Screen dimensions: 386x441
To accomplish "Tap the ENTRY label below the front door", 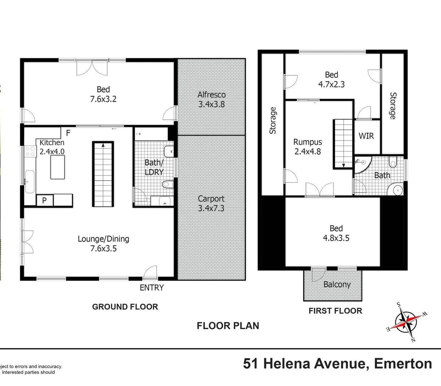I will [152, 288].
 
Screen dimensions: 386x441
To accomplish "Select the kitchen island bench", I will [58, 167].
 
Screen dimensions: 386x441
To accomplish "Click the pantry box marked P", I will [45, 200].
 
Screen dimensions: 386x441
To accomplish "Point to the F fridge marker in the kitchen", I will [68, 133].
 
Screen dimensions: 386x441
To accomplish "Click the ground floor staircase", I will [103, 174].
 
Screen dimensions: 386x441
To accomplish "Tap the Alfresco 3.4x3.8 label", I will [212, 99].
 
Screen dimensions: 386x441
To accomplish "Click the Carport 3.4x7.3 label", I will [211, 203].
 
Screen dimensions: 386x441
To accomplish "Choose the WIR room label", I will [366, 136].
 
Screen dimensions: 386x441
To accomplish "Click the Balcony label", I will [337, 284].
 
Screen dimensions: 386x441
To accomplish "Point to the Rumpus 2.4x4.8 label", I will [308, 147].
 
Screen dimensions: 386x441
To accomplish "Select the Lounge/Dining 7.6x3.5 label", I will [103, 243].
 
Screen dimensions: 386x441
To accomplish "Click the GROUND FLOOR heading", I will [125, 307].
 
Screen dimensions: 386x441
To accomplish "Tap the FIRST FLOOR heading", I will [335, 311].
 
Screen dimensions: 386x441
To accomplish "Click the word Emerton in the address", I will [403, 364].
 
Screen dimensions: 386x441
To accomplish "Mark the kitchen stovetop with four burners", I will [30, 151].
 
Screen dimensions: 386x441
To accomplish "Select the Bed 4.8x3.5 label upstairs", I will [336, 233].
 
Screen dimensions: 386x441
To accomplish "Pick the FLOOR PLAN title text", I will [228, 326].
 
